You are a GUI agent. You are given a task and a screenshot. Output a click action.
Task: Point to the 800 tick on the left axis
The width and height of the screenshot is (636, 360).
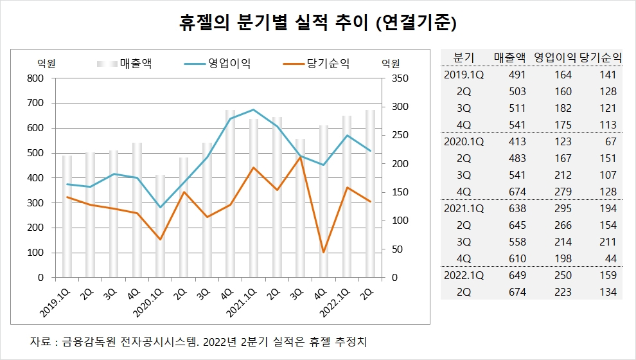pyautogui.click(x=36, y=78)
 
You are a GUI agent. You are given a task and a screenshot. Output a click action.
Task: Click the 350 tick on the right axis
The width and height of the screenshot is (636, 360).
pyautogui.click(x=400, y=78)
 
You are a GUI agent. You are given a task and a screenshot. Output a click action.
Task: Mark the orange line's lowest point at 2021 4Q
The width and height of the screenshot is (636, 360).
pyautogui.click(x=324, y=252)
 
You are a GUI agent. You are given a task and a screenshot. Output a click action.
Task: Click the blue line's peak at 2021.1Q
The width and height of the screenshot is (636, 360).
pyautogui.click(x=253, y=109)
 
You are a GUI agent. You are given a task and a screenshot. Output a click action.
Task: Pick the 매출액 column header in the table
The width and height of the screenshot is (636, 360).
pyautogui.click(x=511, y=57)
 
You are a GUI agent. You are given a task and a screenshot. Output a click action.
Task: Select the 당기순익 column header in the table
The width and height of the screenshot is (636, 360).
pyautogui.click(x=601, y=57)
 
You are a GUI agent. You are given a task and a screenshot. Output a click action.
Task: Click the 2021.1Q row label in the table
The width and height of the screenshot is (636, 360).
pyautogui.click(x=464, y=208)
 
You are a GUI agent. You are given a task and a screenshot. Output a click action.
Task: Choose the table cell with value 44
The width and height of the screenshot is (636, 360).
pyautogui.click(x=610, y=258)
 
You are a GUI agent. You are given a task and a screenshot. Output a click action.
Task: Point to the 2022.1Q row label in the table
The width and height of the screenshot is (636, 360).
pyautogui.click(x=464, y=275)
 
